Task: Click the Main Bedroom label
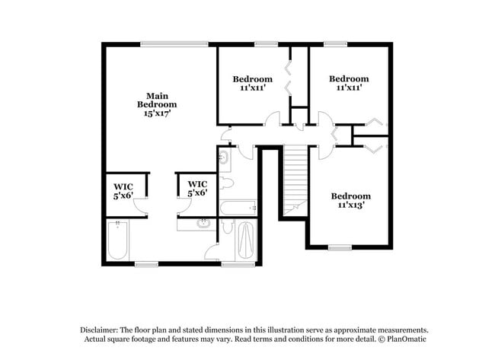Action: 157,99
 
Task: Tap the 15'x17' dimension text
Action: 157,113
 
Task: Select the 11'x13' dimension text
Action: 350,205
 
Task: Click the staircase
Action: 295,179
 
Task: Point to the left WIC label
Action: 123,189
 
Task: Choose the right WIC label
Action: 197,188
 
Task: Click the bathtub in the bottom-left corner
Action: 118,241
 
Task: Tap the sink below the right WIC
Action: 203,224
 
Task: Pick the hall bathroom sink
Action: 224,158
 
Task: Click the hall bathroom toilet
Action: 226,183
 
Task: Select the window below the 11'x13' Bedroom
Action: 340,247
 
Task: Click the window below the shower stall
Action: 238,265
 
